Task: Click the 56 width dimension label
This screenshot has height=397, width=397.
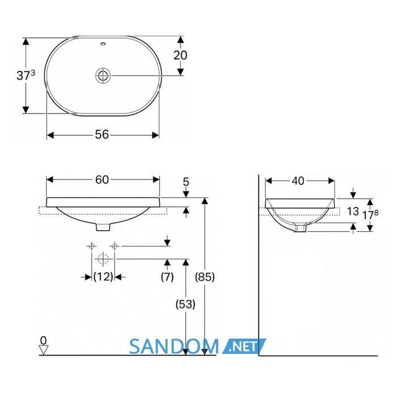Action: (x=102, y=135)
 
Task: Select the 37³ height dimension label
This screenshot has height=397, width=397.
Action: (x=26, y=75)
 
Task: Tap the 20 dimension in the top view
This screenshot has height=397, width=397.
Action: (x=180, y=55)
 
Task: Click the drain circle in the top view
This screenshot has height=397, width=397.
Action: (x=103, y=75)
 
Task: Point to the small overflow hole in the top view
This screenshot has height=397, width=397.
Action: (x=103, y=44)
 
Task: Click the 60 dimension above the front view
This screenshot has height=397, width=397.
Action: (x=102, y=180)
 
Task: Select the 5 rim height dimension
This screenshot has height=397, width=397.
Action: (x=186, y=182)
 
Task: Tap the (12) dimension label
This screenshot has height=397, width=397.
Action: (x=103, y=277)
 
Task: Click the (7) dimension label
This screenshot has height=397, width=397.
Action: (x=167, y=277)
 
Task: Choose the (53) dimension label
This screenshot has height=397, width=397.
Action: (x=185, y=304)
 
